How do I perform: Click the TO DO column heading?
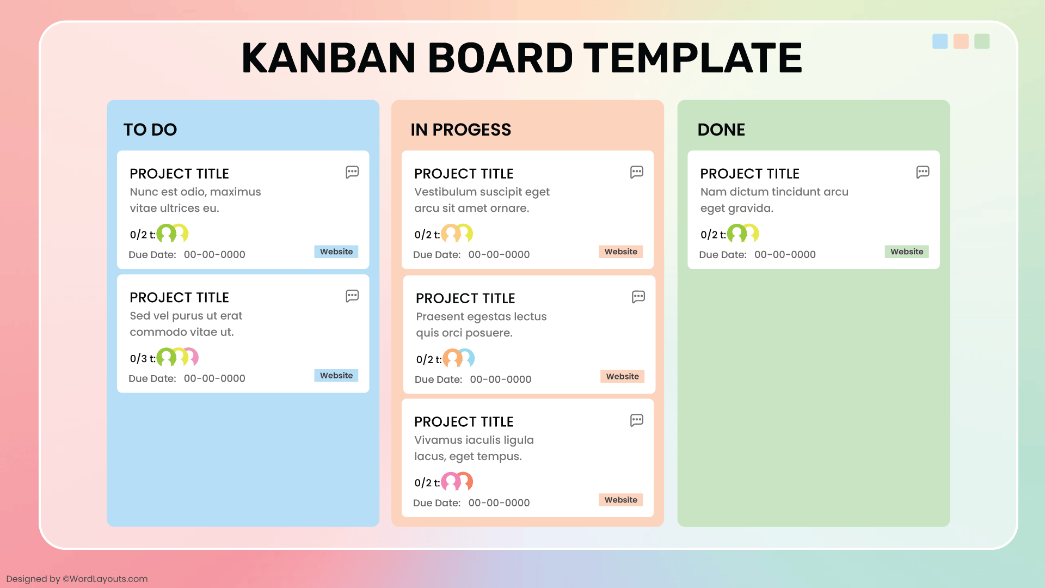[x=150, y=130]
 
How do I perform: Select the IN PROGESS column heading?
[x=460, y=130]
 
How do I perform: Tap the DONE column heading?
[x=721, y=130]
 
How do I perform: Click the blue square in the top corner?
[x=940, y=41]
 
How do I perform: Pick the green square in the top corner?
[x=982, y=41]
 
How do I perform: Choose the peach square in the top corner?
[x=961, y=41]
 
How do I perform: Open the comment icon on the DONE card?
[x=923, y=172]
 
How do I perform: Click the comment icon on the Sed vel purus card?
[x=352, y=296]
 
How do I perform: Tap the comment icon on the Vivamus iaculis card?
[x=637, y=420]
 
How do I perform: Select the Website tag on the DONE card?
[x=907, y=252]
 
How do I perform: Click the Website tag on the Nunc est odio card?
[x=336, y=252]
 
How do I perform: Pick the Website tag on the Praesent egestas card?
[x=623, y=376]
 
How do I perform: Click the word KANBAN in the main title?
[x=329, y=58]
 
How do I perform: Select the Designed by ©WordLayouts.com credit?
[x=77, y=579]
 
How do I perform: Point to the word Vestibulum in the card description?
[x=446, y=192]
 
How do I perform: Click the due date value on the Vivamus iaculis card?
[x=499, y=503]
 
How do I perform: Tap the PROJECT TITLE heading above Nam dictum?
[x=749, y=174]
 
